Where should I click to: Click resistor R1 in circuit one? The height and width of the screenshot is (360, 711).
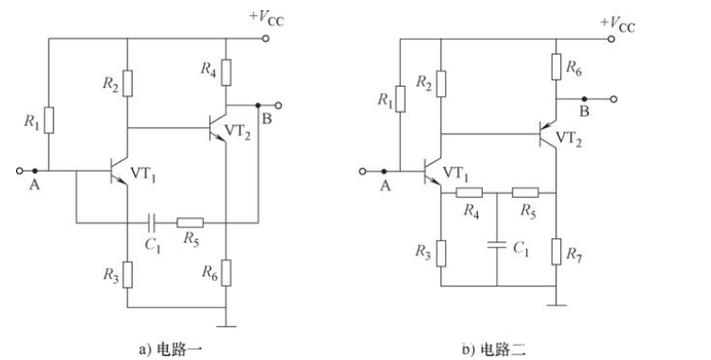point(49,121)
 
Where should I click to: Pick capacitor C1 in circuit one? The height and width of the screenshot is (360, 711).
point(152,223)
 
